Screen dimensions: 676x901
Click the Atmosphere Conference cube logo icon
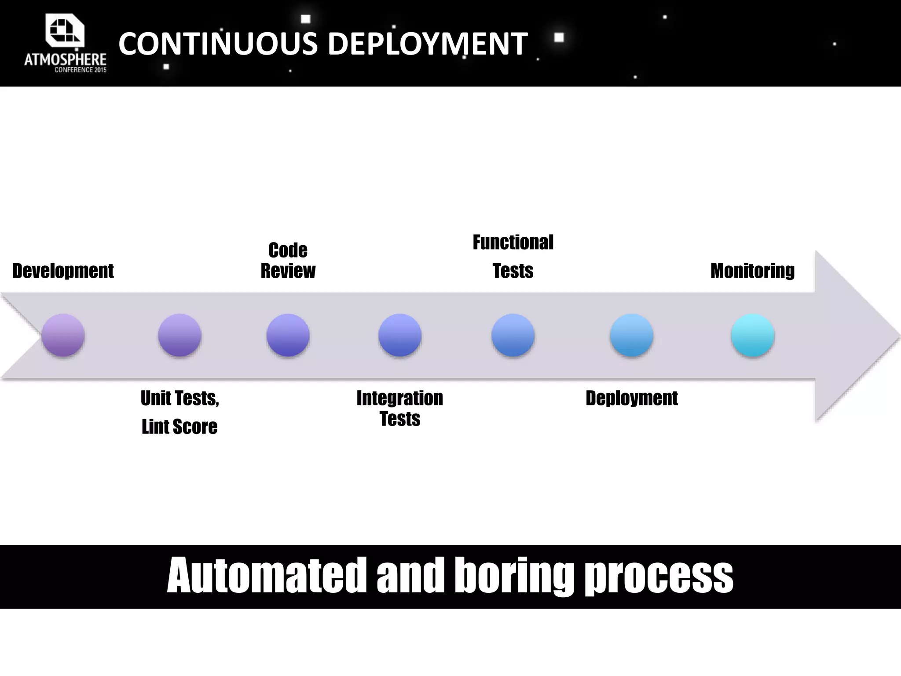(x=65, y=30)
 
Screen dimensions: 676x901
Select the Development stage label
(x=63, y=271)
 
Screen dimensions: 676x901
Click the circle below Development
(x=63, y=335)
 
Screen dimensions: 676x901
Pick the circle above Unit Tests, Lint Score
(x=179, y=335)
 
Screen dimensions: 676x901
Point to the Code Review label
(x=288, y=261)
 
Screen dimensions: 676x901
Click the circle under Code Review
(x=288, y=335)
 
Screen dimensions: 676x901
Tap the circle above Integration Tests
(x=400, y=335)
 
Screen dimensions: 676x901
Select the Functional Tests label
(x=513, y=256)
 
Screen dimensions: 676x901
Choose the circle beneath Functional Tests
(x=513, y=335)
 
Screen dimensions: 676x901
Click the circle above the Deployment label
(x=631, y=335)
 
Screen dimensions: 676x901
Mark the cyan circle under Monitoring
(x=753, y=335)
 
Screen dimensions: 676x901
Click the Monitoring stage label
(x=753, y=271)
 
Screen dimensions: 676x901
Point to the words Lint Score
(x=179, y=427)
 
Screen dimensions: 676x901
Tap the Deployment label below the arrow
(x=631, y=398)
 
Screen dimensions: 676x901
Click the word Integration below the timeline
(x=400, y=398)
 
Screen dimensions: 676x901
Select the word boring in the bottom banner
(x=514, y=576)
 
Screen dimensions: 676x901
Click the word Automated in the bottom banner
(x=267, y=576)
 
